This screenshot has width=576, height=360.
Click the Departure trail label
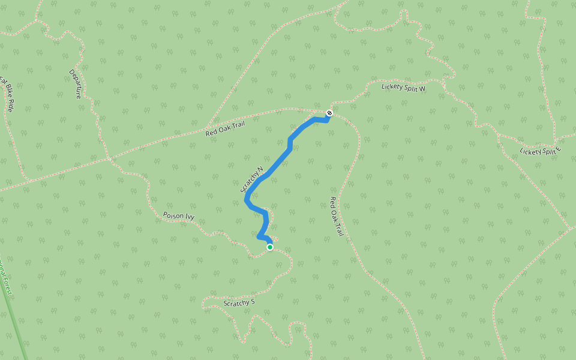tap(76, 83)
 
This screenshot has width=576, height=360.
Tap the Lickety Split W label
tap(403, 88)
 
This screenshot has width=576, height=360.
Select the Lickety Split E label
tap(540, 151)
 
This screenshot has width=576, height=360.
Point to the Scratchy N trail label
tap(252, 179)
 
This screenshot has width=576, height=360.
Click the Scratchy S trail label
tap(239, 303)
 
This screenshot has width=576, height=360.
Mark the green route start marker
tap(270, 247)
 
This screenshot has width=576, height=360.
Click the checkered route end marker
tap(329, 113)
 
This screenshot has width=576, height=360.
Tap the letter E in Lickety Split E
tap(558, 148)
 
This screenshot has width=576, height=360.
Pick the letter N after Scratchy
tap(260, 169)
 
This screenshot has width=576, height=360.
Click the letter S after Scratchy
tap(253, 302)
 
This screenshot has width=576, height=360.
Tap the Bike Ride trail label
tap(7, 94)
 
